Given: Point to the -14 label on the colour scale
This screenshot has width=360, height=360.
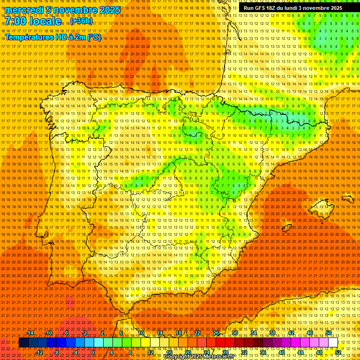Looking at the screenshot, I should [x=30, y=333].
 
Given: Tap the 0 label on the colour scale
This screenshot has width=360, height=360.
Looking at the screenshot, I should [x=93, y=352].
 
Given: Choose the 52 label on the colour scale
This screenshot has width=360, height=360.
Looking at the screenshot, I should [x=338, y=352].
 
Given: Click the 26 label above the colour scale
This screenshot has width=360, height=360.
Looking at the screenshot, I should [x=216, y=333].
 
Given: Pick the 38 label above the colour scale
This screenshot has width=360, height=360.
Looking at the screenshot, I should [x=272, y=333].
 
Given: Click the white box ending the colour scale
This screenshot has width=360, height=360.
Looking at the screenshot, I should [x=333, y=343].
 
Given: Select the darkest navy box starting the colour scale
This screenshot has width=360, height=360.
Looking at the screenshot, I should [x=23, y=343].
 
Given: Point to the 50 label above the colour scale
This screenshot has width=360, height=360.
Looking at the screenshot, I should [x=329, y=333].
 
